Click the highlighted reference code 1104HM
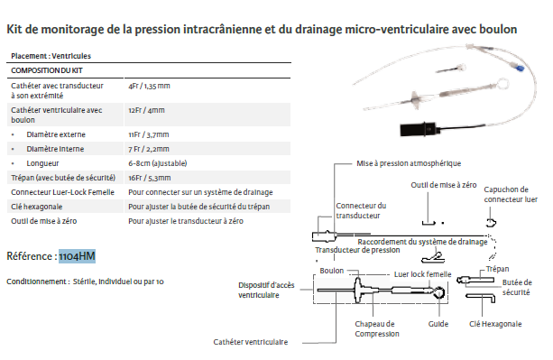[77, 256]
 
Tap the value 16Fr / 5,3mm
[149, 178]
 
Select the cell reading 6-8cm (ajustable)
[157, 163]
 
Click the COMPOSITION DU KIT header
[47, 70]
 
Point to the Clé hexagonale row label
[36, 207]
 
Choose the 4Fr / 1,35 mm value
[149, 86]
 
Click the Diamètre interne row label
[55, 149]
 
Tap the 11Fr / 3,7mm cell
[149, 134]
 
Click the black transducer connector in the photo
[419, 129]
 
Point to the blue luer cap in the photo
[520, 68]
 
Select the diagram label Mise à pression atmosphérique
[409, 163]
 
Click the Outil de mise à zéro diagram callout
[443, 185]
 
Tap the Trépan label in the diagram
[497, 269]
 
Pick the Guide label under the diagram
[438, 324]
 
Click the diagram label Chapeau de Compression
[377, 328]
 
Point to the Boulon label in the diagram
[331, 271]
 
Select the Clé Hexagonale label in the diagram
[495, 324]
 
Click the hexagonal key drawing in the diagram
[481, 296]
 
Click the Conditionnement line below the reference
[85, 282]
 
